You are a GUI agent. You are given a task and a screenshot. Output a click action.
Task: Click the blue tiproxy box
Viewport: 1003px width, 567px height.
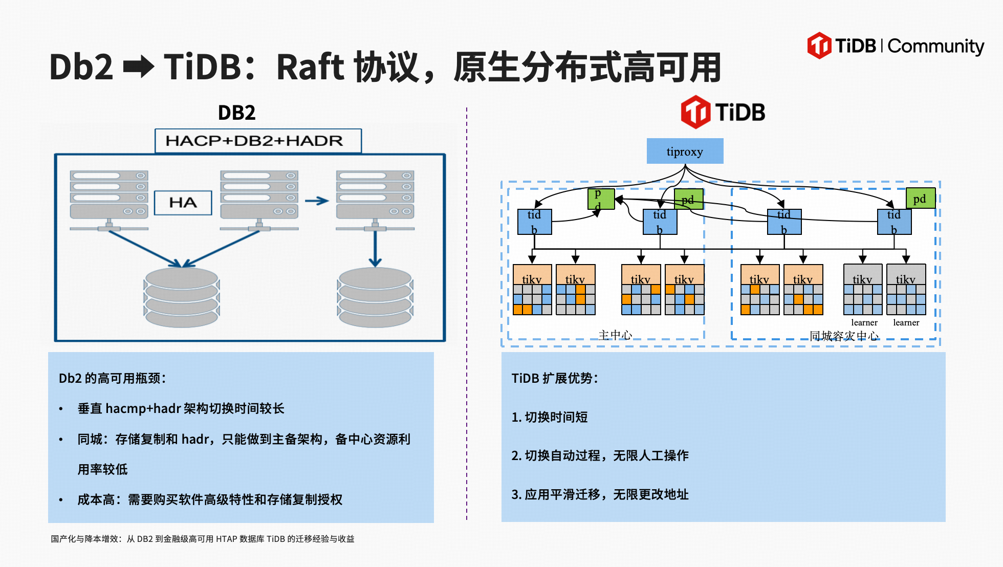(x=685, y=151)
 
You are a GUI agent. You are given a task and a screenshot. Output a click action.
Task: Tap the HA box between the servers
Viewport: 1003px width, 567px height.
(x=183, y=203)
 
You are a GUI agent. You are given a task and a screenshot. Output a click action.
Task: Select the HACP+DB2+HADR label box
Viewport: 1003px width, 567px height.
(x=258, y=141)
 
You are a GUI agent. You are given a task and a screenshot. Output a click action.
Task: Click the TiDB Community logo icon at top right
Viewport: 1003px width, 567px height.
(x=819, y=46)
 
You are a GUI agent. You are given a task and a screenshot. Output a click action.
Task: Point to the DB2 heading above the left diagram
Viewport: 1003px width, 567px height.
(x=236, y=113)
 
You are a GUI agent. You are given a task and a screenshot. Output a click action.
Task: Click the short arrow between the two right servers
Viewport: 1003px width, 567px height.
(x=317, y=201)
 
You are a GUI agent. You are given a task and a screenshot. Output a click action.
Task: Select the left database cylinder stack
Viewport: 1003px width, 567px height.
(x=182, y=297)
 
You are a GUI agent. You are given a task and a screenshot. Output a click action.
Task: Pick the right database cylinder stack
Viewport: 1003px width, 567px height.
(x=375, y=297)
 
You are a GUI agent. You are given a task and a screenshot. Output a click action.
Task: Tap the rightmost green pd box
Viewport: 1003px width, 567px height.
(x=920, y=199)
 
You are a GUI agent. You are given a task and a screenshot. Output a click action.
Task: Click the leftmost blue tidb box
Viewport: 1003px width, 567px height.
(x=534, y=222)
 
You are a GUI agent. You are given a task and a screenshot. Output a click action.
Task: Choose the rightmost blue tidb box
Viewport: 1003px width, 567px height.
(x=894, y=222)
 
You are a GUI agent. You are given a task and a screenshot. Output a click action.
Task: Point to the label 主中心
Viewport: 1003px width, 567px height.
(x=615, y=335)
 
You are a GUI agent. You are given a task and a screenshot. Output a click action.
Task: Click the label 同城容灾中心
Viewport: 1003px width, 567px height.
(x=844, y=336)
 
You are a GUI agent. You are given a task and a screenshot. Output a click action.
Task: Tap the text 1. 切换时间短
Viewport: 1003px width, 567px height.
(x=550, y=417)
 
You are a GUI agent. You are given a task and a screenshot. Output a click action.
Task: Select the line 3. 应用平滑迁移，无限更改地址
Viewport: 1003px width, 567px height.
(x=600, y=494)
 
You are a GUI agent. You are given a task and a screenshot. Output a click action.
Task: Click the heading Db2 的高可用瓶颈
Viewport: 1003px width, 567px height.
(x=112, y=378)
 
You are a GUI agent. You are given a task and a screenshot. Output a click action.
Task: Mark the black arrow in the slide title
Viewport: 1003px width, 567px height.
(x=139, y=67)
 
